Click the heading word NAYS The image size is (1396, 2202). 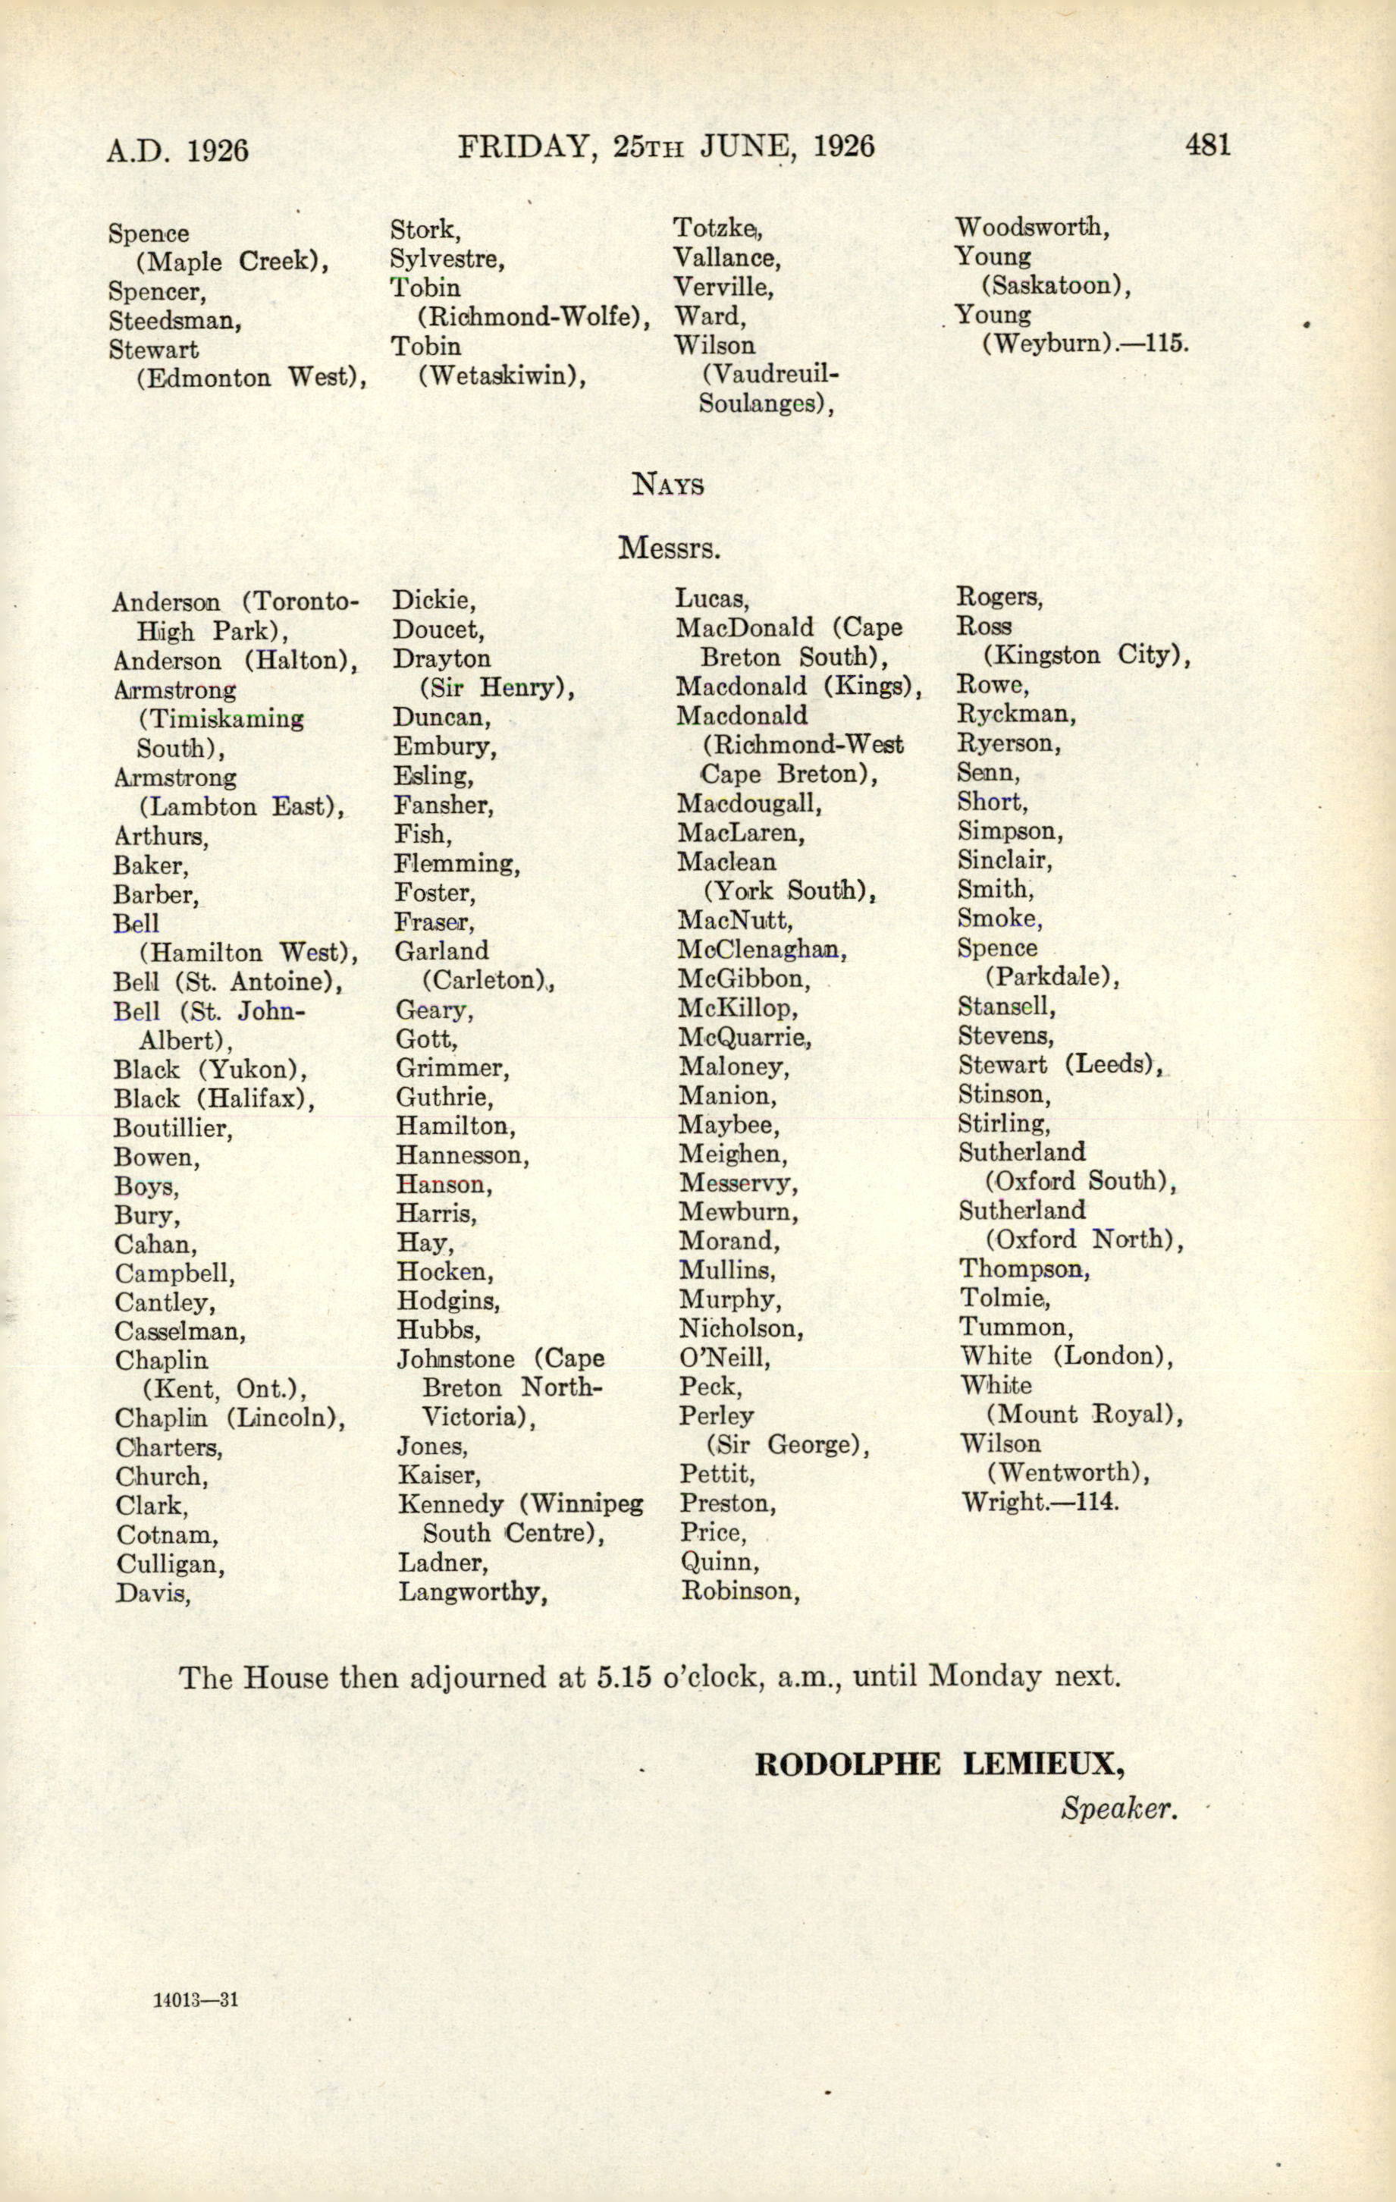click(x=668, y=484)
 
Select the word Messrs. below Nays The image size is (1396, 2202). click(x=670, y=548)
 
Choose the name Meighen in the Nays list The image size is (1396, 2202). click(x=732, y=1154)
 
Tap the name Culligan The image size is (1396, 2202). click(x=169, y=1564)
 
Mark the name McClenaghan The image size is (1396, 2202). click(x=761, y=950)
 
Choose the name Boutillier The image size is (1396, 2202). click(x=172, y=1129)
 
